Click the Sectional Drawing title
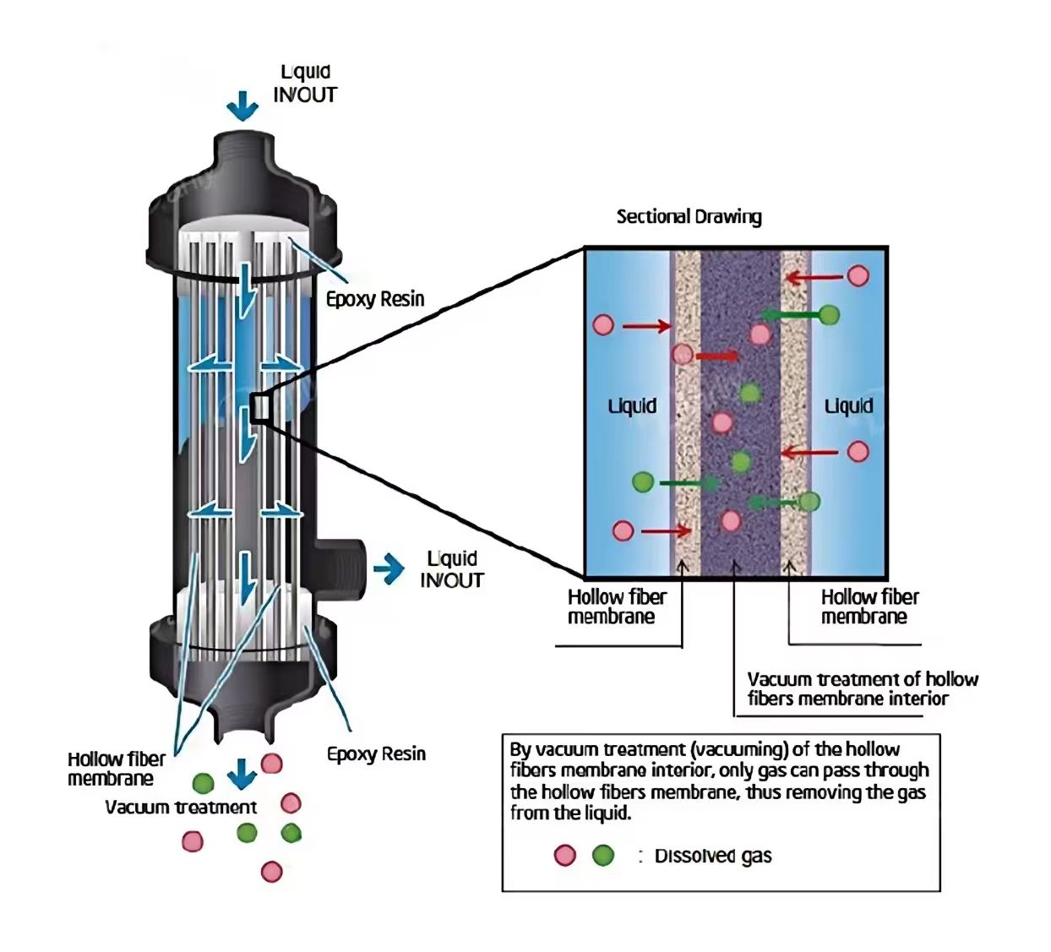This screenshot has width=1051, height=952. click(689, 216)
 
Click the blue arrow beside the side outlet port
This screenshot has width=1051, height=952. click(389, 569)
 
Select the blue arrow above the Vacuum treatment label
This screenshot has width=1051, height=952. click(242, 773)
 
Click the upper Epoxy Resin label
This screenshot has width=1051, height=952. click(375, 299)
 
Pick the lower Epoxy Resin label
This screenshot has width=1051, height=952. click(376, 754)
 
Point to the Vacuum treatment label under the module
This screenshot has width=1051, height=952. click(181, 808)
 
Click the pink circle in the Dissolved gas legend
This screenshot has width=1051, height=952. click(564, 855)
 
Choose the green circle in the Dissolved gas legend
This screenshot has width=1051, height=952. click(602, 855)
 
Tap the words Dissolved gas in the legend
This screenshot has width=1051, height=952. click(713, 856)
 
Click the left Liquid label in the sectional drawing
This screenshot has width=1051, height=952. click(632, 406)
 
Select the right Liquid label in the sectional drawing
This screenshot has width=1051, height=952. click(848, 406)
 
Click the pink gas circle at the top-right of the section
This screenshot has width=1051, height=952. click(858, 275)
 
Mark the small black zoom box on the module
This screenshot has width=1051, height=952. click(259, 407)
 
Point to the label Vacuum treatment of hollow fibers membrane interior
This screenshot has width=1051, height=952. click(862, 688)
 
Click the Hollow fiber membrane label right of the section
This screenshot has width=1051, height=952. click(869, 607)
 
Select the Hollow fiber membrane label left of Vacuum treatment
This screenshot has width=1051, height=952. click(116, 769)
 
